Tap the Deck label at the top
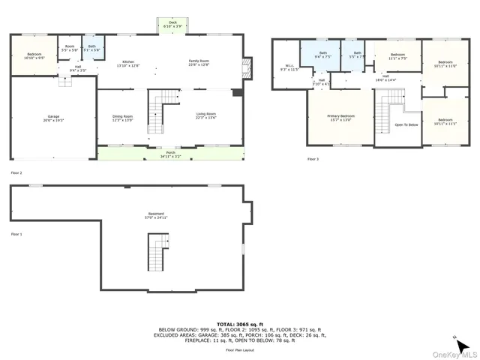click(172, 25)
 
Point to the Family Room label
click(199, 64)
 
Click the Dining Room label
click(122, 117)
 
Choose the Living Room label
click(205, 115)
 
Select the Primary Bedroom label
click(340, 117)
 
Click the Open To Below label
click(406, 124)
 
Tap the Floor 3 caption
click(313, 159)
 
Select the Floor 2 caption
click(16, 172)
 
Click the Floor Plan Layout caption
click(240, 350)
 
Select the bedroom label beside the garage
click(35, 55)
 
